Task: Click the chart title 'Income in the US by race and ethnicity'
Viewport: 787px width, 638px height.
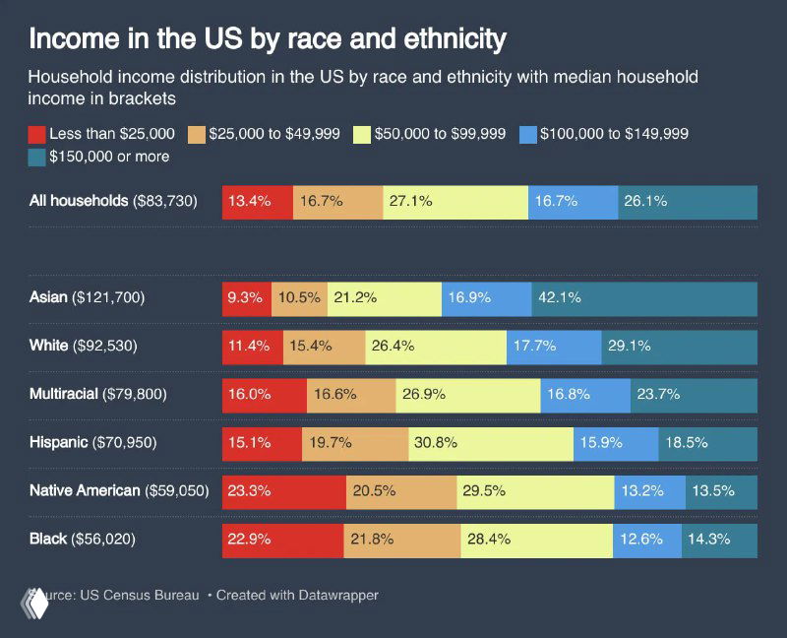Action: (x=268, y=39)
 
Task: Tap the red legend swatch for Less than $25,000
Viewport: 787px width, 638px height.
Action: (x=37, y=133)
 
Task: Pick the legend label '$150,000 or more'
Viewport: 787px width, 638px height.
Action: (x=109, y=157)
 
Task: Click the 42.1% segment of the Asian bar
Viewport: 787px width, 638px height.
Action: (x=644, y=297)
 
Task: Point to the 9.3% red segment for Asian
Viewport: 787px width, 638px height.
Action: (x=246, y=297)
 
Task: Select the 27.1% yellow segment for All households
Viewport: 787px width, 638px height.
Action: (x=455, y=202)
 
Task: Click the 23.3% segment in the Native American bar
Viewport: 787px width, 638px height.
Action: (x=283, y=490)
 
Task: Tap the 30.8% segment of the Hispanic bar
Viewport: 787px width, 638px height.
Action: (x=490, y=442)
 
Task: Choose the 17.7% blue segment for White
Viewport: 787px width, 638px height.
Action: (x=554, y=346)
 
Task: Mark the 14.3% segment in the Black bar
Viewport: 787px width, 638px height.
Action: (x=719, y=539)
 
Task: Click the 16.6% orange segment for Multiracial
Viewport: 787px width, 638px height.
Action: (x=351, y=394)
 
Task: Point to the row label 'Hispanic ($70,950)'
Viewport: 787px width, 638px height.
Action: (x=93, y=442)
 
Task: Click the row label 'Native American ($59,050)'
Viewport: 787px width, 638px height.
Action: (x=119, y=490)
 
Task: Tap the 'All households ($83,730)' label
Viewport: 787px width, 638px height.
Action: (x=114, y=202)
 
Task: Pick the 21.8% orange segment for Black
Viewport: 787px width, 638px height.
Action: (x=401, y=539)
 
